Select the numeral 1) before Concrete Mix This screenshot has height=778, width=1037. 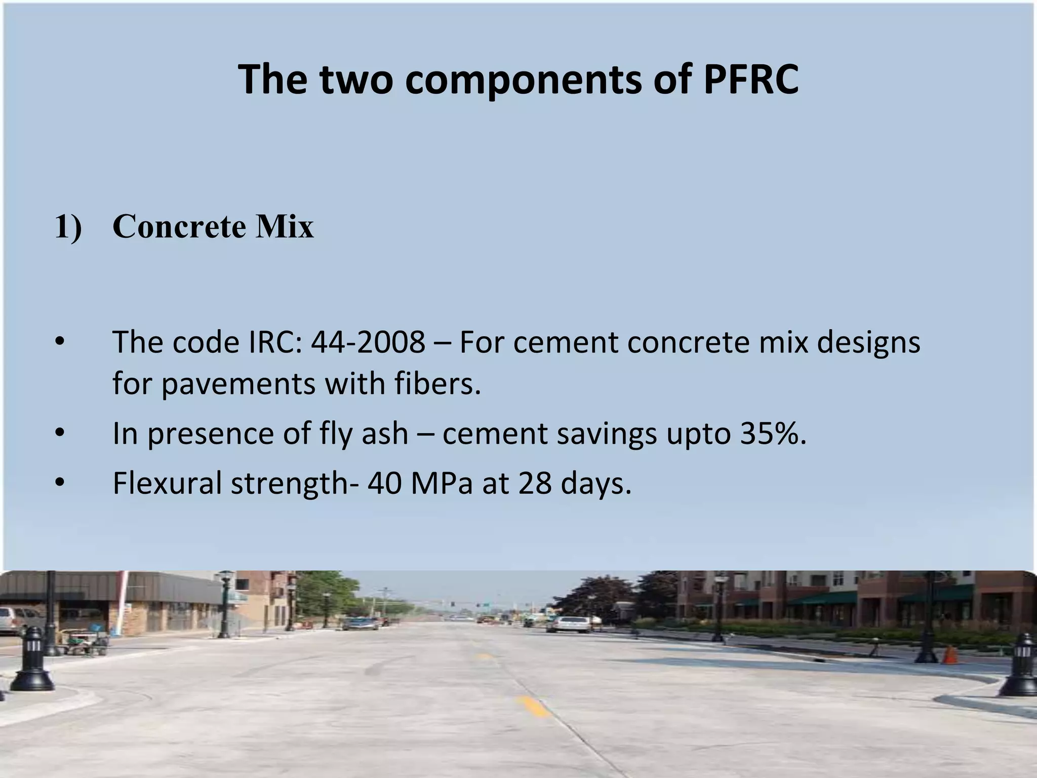[68, 226]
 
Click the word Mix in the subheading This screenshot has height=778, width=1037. [285, 226]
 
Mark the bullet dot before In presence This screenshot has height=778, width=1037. [60, 434]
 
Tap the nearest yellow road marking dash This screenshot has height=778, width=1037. [533, 706]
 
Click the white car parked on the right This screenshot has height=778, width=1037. [570, 624]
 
